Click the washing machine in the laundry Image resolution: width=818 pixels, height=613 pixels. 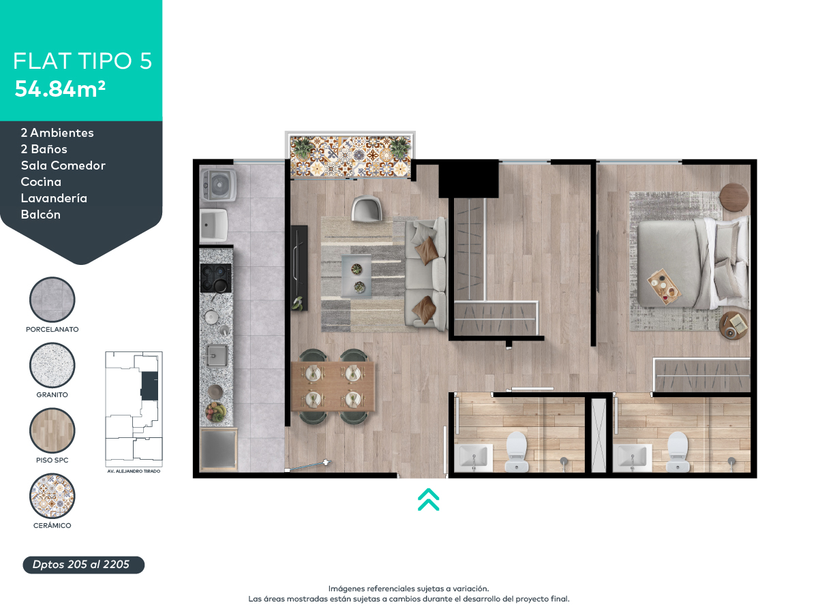(219, 185)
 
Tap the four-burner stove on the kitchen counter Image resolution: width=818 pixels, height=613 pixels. (216, 278)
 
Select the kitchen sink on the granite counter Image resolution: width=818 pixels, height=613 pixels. (217, 355)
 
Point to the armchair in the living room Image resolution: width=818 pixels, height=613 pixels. (366, 208)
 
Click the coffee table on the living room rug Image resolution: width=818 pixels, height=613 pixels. (357, 276)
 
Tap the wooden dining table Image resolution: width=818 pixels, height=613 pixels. (333, 386)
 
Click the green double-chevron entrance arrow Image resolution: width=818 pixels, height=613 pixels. (428, 499)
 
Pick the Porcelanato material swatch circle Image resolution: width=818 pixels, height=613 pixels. (52, 299)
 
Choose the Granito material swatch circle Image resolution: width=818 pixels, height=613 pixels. (52, 365)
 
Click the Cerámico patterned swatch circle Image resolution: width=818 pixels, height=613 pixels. (52, 496)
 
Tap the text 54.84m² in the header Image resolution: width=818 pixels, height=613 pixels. (60, 89)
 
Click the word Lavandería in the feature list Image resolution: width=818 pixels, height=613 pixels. (54, 198)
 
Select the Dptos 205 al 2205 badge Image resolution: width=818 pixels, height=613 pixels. (83, 565)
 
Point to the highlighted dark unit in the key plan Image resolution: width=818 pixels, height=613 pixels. (149, 386)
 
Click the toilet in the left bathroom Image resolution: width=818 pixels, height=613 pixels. (517, 452)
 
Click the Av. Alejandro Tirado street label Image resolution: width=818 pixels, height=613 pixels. (134, 471)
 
